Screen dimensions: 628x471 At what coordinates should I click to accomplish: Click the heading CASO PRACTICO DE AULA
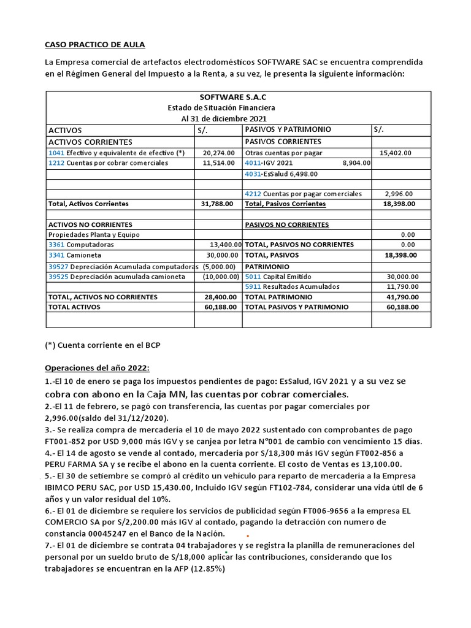click(x=95, y=45)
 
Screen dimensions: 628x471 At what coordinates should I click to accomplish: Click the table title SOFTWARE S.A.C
click(x=234, y=97)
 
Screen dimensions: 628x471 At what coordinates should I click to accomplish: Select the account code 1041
click(x=56, y=153)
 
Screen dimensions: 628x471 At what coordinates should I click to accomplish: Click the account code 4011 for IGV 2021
click(x=253, y=163)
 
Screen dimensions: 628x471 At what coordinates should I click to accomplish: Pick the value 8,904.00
click(x=356, y=163)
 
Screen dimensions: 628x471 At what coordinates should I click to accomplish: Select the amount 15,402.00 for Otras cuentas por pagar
click(x=396, y=153)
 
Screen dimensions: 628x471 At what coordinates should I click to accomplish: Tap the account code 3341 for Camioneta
click(x=56, y=255)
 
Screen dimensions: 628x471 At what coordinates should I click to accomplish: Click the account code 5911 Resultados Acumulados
click(x=253, y=286)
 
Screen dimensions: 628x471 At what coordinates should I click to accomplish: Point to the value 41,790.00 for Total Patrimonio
click(x=402, y=297)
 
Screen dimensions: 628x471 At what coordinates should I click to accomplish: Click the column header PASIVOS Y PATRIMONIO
click(x=288, y=130)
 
